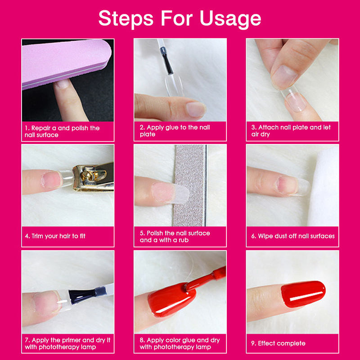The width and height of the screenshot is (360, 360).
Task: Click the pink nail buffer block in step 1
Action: [67, 63]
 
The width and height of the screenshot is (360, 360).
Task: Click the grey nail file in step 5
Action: [190, 185]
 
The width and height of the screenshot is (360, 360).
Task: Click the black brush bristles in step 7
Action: [82, 296]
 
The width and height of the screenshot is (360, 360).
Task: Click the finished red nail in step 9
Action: [303, 294]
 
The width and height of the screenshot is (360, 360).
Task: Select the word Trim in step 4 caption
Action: [37, 236]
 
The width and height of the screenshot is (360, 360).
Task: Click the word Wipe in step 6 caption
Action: [265, 236]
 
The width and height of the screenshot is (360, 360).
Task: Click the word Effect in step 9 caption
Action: [266, 343]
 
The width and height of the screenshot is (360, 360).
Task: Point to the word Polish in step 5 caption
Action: [155, 233]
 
